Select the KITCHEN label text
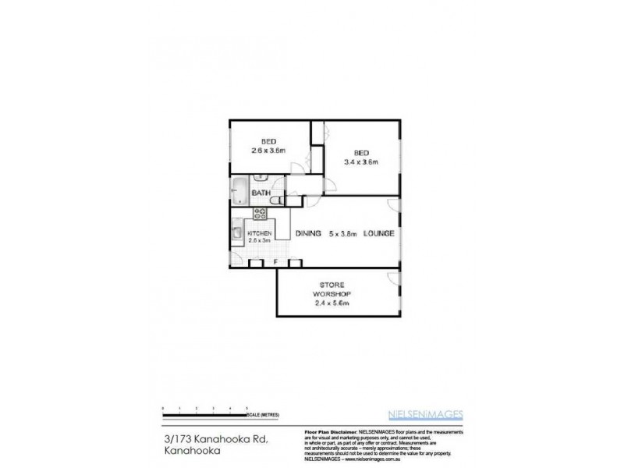tap(260, 233)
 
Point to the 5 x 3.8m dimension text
tap(344, 233)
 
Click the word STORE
tap(335, 285)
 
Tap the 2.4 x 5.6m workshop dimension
tap(335, 303)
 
